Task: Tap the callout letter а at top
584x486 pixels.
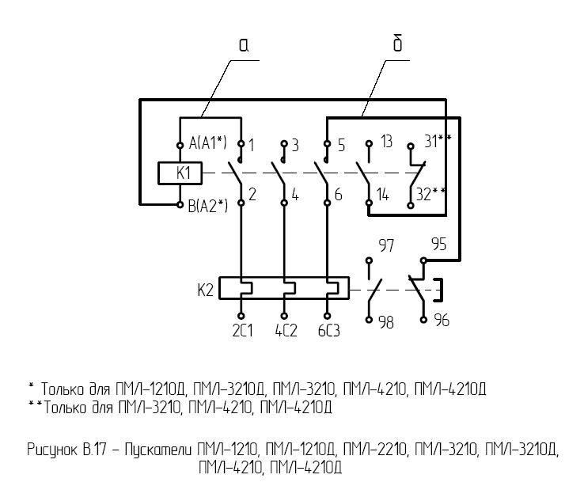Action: pos(245,46)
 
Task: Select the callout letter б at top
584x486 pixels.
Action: pos(397,44)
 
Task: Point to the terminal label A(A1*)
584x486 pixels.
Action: pos(208,143)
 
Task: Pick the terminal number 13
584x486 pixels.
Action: pos(386,143)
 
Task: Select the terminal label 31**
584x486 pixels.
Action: pos(438,142)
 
